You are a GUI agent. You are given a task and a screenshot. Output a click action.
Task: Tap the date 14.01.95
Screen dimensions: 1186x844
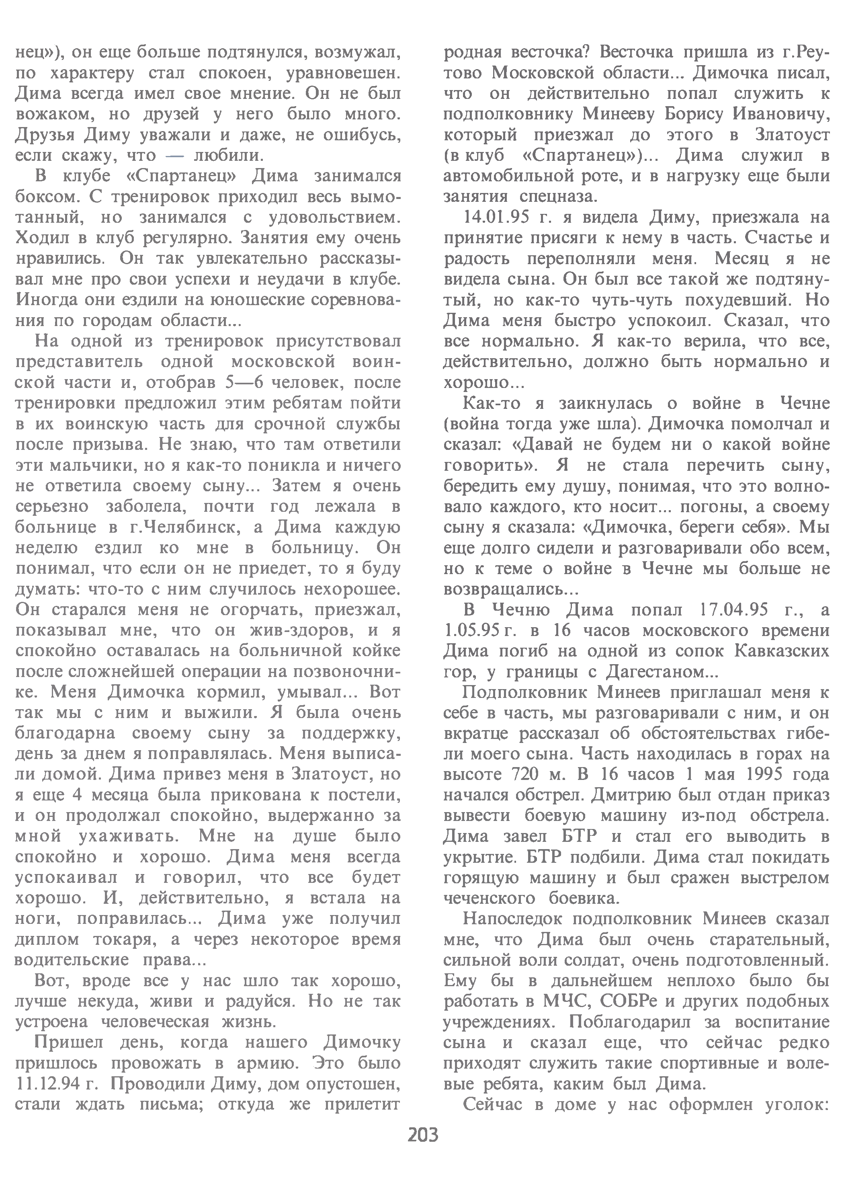[492, 217]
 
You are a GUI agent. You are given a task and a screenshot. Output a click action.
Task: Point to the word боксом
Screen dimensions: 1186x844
[47, 197]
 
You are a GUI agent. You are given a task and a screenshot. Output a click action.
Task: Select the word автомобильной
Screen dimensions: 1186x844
[525, 176]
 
